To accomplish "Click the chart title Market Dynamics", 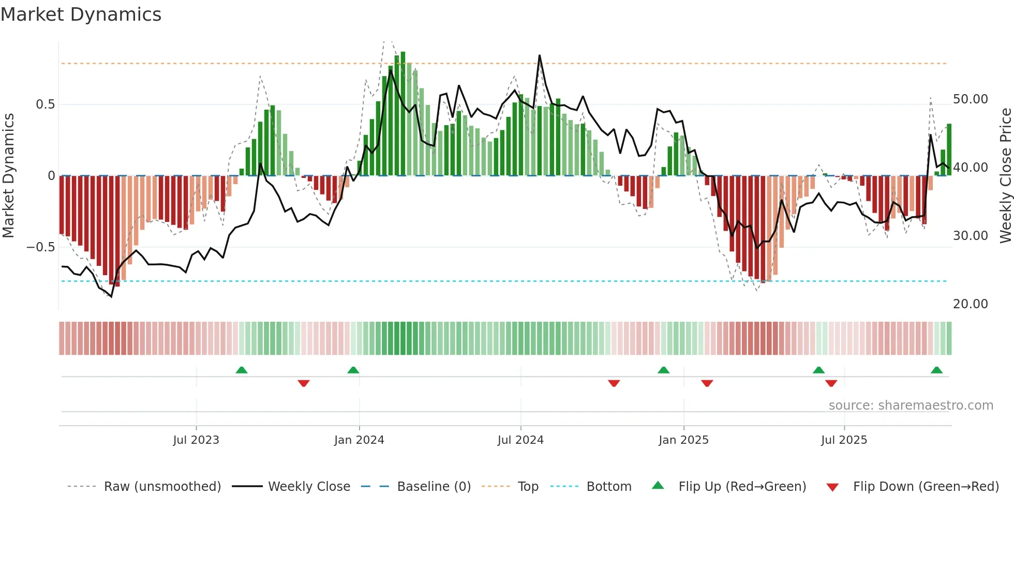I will pos(81,14).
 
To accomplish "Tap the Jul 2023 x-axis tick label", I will pos(196,440).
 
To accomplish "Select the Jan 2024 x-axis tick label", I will pos(359,440).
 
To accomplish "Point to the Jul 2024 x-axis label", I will pos(520,440).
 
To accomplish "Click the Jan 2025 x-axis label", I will pos(683,440).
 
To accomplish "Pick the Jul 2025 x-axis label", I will pos(844,440).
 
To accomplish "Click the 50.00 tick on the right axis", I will pos(970,99).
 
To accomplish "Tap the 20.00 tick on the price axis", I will pos(970,304).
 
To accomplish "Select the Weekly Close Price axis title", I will pos(1005,176).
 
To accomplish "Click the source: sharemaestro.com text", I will pos(911,406).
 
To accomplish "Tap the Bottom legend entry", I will pos(608,487).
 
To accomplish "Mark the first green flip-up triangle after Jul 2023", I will pos(242,370).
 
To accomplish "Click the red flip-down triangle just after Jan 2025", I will pos(707,383).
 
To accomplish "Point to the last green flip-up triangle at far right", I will pos(936,370).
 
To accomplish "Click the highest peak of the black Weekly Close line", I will pos(540,55).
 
